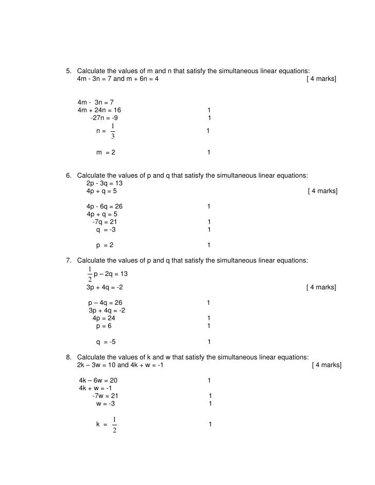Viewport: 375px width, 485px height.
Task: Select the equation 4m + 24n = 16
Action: (99, 110)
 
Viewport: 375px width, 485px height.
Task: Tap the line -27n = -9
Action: (107, 118)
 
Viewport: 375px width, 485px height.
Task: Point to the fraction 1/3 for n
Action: (113, 131)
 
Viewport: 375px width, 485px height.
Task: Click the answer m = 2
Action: (106, 153)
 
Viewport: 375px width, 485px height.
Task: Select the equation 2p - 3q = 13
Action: (105, 183)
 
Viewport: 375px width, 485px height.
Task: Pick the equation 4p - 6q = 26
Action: (105, 206)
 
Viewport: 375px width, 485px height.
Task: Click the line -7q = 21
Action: (105, 222)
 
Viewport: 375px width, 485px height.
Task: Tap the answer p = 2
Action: (105, 245)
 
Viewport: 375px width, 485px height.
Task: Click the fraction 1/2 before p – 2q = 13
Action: (90, 274)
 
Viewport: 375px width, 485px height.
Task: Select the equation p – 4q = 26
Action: (105, 302)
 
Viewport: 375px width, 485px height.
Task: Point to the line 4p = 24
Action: (104, 318)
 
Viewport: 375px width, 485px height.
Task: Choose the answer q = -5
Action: (106, 342)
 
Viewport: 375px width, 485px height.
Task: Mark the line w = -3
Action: (106, 404)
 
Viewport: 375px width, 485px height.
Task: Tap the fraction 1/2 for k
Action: (114, 425)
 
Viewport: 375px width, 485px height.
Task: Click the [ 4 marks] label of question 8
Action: (327, 365)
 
